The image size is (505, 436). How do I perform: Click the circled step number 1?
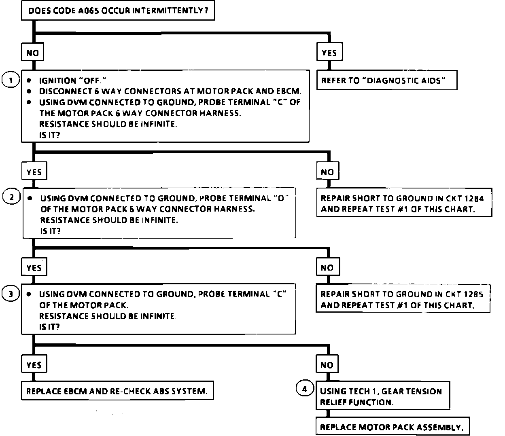point(10,80)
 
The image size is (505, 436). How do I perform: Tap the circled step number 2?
point(11,197)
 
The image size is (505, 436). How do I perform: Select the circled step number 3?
point(10,294)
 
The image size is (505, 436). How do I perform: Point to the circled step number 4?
point(305,389)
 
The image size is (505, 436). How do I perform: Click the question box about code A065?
point(117,10)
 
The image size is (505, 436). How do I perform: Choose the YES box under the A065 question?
point(329,53)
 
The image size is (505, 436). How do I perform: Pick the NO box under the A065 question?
point(32,53)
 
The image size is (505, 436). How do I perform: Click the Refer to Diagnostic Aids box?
point(386,80)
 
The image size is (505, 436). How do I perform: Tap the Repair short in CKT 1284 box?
point(403,203)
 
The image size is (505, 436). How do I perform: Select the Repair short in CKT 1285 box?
point(403,300)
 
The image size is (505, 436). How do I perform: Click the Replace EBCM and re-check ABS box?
point(117,391)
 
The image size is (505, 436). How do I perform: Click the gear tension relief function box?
point(382,396)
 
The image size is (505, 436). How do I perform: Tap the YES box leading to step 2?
point(34,171)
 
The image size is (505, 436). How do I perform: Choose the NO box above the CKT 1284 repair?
point(327,171)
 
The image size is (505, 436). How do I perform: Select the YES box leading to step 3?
point(34,267)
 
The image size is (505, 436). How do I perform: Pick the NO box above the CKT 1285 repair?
point(327,267)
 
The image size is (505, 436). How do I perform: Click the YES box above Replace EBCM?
point(34,365)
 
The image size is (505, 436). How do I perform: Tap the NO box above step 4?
point(327,365)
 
